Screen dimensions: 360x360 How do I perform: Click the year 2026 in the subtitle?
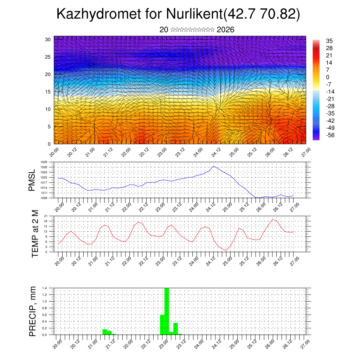pos(225,30)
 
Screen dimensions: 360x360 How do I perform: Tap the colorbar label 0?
pos(328,77)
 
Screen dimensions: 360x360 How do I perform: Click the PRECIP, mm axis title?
pos(33,311)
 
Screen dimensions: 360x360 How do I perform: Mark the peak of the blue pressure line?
pos(213,166)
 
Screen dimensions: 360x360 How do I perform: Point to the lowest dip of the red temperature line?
pos(227,250)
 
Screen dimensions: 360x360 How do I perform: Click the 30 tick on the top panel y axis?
pos(48,39)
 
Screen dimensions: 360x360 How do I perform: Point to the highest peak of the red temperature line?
pos(272,220)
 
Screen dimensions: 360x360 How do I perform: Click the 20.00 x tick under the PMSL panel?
pos(58,205)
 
